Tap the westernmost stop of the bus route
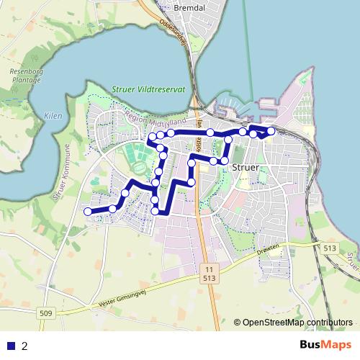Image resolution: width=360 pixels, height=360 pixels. click(x=88, y=211)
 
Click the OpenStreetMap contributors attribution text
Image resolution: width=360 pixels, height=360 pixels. click(x=297, y=323)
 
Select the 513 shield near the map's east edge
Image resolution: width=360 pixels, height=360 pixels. click(x=330, y=248)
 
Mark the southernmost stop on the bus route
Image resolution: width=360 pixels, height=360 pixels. click(x=156, y=210)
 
